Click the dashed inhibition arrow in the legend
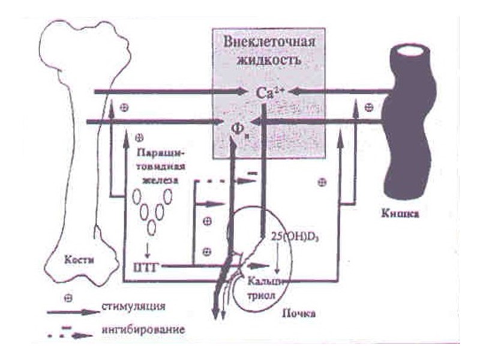click(x=72, y=333)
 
